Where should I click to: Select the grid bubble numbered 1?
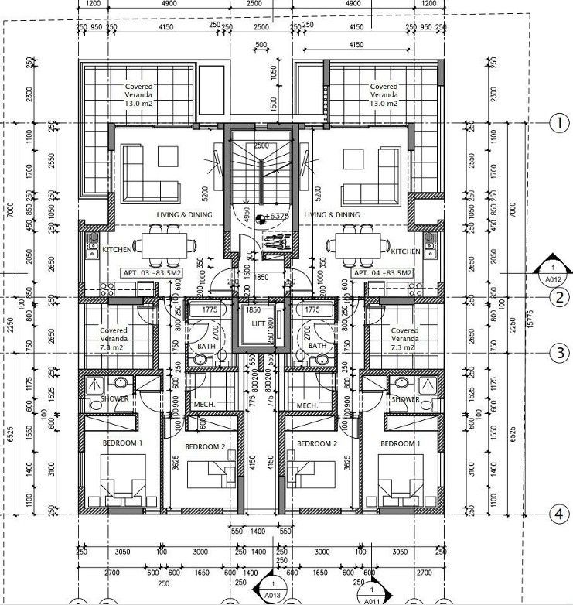tap(558, 122)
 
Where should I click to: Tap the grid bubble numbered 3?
tap(558, 354)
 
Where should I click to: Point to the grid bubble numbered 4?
tap(558, 514)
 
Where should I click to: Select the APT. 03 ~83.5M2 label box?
tap(150, 273)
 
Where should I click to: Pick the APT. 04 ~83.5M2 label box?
tap(382, 273)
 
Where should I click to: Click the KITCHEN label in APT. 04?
tap(405, 251)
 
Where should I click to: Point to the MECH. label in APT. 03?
tap(204, 405)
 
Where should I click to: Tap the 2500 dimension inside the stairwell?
tap(261, 145)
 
